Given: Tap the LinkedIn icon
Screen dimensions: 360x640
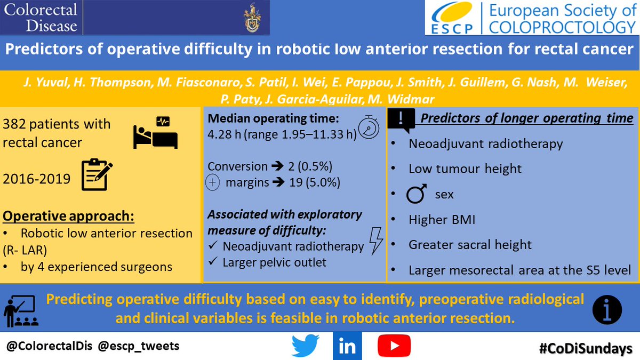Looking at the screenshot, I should (x=347, y=346).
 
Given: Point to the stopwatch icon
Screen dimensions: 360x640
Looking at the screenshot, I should (x=368, y=129).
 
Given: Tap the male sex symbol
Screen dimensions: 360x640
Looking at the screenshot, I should (x=417, y=194).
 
